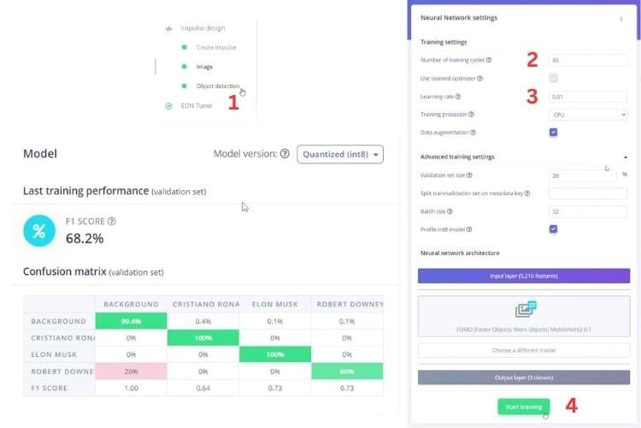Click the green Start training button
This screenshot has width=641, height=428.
(x=524, y=407)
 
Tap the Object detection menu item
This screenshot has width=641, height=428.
(x=217, y=86)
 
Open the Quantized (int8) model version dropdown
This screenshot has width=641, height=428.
(x=340, y=154)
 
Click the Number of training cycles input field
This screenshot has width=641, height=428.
(x=589, y=61)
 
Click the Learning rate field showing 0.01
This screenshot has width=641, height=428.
(x=589, y=97)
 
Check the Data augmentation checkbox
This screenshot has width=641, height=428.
(x=554, y=133)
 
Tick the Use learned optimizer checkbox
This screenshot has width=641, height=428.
(x=554, y=79)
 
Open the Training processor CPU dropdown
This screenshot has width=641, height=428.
(x=589, y=115)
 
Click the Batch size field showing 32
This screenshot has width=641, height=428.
(x=589, y=211)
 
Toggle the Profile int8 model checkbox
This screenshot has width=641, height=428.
(x=554, y=229)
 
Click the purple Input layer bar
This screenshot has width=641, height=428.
(x=523, y=276)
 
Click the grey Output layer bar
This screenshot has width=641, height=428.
(x=523, y=377)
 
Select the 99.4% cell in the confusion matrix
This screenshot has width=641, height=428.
(x=131, y=321)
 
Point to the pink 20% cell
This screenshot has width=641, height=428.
(x=131, y=372)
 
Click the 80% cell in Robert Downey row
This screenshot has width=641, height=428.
(x=347, y=372)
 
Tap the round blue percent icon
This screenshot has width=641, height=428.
(x=38, y=231)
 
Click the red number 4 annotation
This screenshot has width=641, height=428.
(x=572, y=406)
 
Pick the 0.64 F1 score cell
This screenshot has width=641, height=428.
(x=203, y=389)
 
